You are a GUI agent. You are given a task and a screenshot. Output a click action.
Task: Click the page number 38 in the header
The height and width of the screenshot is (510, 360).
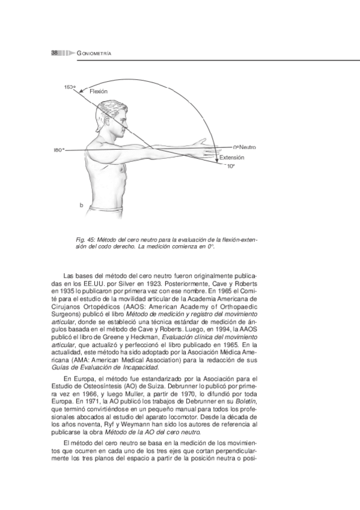(x=54, y=54)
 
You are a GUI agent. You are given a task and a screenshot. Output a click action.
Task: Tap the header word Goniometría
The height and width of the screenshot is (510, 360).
(x=96, y=54)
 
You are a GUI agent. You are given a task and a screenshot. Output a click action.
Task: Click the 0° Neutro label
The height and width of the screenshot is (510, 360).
(x=245, y=147)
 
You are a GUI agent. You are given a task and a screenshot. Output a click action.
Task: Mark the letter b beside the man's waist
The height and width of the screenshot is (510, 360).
(x=80, y=206)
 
